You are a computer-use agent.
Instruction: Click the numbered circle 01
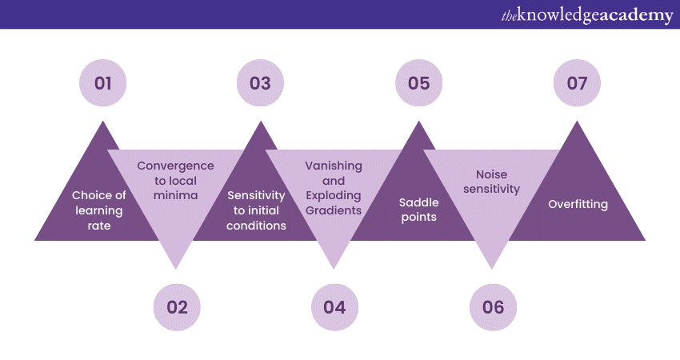102,83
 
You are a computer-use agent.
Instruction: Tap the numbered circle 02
177,307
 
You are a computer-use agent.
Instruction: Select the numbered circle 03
260,83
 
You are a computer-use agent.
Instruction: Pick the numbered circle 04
334,307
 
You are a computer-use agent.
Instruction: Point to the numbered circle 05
418,83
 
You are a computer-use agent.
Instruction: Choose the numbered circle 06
493,307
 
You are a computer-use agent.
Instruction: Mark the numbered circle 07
577,83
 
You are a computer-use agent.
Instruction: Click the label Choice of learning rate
99,210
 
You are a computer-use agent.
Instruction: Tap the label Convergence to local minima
176,180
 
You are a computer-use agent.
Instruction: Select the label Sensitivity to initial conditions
256,210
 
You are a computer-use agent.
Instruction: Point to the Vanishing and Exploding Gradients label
334,188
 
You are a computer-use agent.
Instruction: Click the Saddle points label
418,210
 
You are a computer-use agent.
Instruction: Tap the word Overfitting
578,204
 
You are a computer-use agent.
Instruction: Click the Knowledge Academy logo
587,15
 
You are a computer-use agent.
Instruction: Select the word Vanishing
334,166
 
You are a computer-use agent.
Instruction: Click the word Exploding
334,195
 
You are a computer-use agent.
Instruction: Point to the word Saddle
418,203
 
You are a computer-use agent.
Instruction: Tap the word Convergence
176,166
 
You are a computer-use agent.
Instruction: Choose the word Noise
491,174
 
